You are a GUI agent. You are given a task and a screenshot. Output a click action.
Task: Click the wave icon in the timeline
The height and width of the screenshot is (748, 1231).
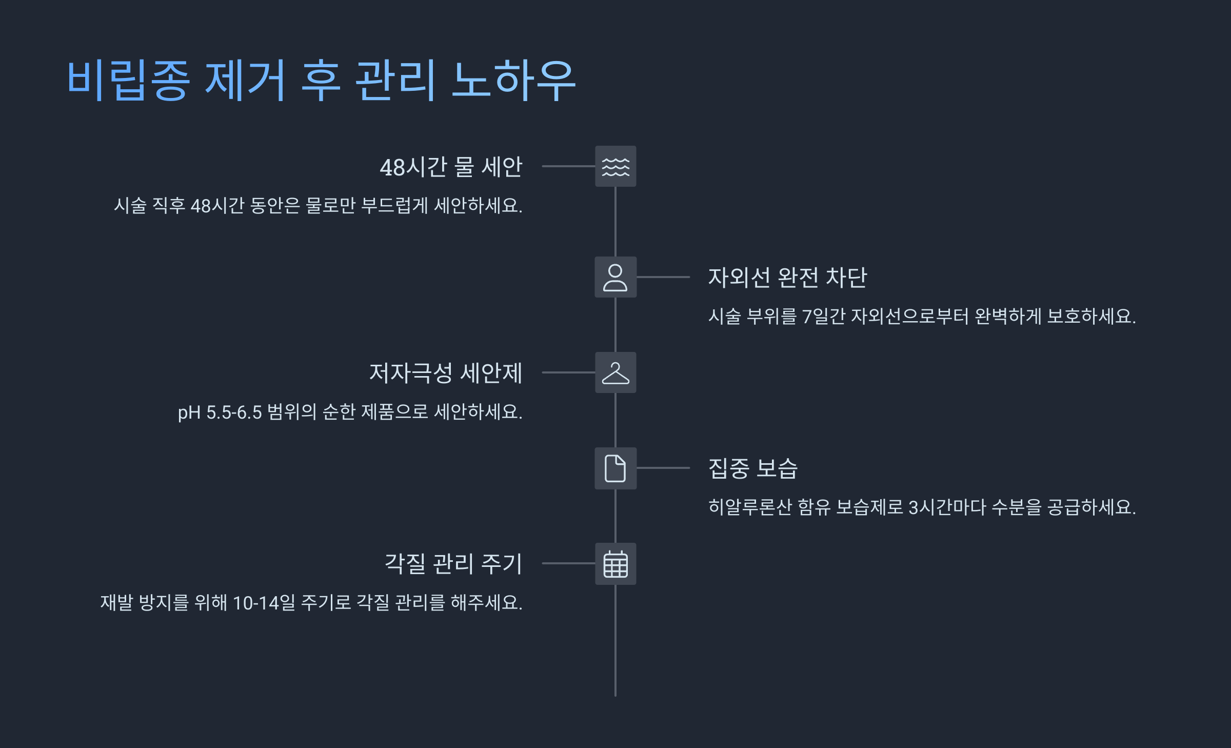(x=615, y=166)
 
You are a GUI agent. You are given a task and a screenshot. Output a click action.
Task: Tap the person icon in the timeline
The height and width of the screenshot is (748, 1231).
(x=615, y=277)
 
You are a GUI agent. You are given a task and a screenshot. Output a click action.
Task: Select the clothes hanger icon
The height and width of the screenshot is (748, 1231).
(x=615, y=372)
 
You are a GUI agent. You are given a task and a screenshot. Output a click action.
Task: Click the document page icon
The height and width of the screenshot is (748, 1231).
(x=615, y=468)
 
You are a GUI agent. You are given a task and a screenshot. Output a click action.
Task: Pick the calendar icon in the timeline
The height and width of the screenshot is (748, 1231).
(x=615, y=563)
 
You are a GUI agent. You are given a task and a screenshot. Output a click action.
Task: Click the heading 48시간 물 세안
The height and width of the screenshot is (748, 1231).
(x=451, y=167)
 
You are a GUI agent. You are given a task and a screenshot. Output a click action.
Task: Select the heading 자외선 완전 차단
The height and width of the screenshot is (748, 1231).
(x=787, y=278)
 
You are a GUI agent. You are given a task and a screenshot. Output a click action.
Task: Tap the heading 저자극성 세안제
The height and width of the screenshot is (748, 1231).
(x=446, y=373)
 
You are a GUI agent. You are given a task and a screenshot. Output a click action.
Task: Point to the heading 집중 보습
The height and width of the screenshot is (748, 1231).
(x=752, y=468)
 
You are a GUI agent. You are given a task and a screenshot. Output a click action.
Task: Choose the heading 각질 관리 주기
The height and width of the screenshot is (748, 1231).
(x=453, y=564)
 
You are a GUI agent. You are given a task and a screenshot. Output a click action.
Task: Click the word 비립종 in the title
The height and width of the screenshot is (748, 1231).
(x=128, y=80)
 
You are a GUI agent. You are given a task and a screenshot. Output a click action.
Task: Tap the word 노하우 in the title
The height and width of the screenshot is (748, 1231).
(x=513, y=80)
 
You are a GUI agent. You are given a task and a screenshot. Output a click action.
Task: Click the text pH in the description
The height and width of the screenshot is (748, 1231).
(x=189, y=412)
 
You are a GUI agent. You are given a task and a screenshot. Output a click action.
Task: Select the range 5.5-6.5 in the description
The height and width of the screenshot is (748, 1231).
(x=234, y=412)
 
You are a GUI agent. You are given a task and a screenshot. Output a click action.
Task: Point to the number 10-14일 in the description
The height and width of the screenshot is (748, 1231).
(x=264, y=603)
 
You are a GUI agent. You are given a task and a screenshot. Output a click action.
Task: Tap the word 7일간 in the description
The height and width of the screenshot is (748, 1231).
(x=823, y=317)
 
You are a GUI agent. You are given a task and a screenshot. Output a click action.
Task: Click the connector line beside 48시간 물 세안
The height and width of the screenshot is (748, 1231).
(x=568, y=166)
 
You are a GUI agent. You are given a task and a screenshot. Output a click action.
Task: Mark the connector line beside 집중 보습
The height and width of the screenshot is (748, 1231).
(x=663, y=468)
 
